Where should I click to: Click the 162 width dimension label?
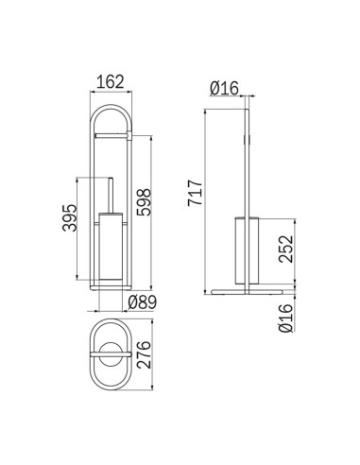pyautogui.click(x=111, y=82)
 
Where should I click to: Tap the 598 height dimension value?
pyautogui.click(x=144, y=202)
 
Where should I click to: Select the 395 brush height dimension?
pyautogui.click(x=69, y=218)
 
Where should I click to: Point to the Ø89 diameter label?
pyautogui.click(x=143, y=302)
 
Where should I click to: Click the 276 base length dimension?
pyautogui.click(x=144, y=354)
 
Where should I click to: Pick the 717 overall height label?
pyautogui.click(x=195, y=193)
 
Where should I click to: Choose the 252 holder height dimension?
pyautogui.click(x=285, y=249)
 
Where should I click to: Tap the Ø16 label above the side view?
pyautogui.click(x=224, y=88)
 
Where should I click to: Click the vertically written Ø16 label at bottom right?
pyautogui.click(x=285, y=318)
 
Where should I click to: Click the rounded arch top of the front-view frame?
pyautogui.click(x=111, y=107)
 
